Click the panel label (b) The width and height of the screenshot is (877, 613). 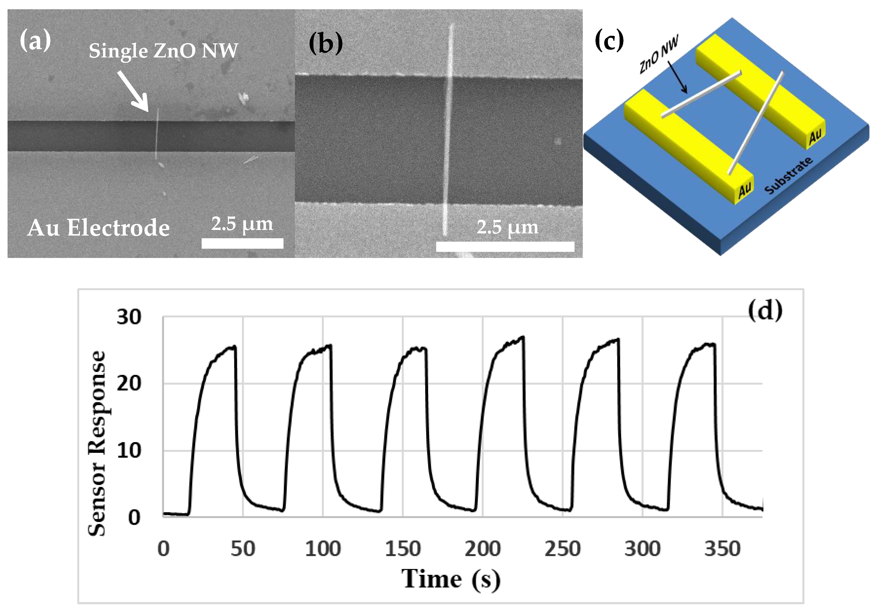pos(325,43)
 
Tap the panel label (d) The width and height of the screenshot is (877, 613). pos(765,310)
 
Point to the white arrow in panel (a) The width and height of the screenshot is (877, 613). pos(133,91)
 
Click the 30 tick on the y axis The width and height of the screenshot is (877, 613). pos(129,317)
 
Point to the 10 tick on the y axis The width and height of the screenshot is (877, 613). pos(129,451)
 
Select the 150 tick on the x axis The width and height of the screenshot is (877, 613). pos(403,549)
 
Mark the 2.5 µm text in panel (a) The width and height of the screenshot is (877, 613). pos(242,224)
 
